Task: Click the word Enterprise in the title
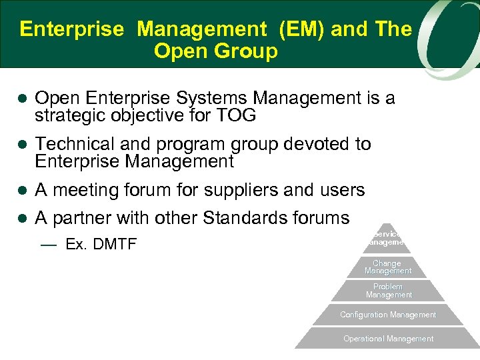(x=72, y=29)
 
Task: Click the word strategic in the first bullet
(x=69, y=115)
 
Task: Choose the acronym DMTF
(x=114, y=245)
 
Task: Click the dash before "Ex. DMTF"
(x=48, y=245)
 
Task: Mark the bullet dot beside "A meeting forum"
(x=21, y=191)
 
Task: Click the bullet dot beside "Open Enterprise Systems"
(x=21, y=99)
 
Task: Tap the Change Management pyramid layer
(x=388, y=267)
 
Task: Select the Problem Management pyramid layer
(x=389, y=291)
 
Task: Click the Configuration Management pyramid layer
(x=388, y=315)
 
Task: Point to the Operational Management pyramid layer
(x=388, y=339)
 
